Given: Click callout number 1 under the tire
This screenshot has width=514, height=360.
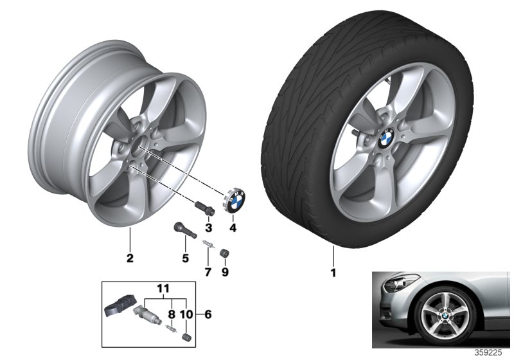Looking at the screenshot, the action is (333, 273).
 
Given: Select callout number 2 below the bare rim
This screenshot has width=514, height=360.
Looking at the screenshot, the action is (130, 258).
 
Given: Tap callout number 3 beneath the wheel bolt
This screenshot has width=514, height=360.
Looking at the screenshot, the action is (209, 227).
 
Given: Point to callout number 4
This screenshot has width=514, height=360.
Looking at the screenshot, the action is (233, 227).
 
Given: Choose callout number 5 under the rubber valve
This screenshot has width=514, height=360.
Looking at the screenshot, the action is (186, 258).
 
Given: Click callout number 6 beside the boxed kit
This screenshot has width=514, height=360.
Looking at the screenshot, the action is (208, 314).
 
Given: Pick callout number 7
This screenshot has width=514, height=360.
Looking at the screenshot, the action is (208, 272).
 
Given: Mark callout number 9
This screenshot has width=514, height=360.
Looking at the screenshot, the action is (226, 272).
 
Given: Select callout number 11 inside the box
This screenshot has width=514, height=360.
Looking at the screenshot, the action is (163, 289).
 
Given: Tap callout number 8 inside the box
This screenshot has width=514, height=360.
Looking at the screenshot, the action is (172, 314).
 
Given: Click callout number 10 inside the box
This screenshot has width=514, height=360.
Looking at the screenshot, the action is (186, 314).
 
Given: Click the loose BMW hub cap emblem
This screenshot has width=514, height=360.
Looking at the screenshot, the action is (235, 201).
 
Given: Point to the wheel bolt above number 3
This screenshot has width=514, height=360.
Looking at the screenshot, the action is (205, 208).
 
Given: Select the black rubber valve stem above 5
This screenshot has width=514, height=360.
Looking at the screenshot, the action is (184, 230).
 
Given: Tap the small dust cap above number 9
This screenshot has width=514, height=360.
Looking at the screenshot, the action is (224, 253).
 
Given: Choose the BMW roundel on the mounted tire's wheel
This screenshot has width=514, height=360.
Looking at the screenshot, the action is (386, 138).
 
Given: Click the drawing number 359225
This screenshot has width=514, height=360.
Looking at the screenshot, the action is (488, 353).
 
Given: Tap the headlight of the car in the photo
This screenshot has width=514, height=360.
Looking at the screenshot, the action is (400, 283).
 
